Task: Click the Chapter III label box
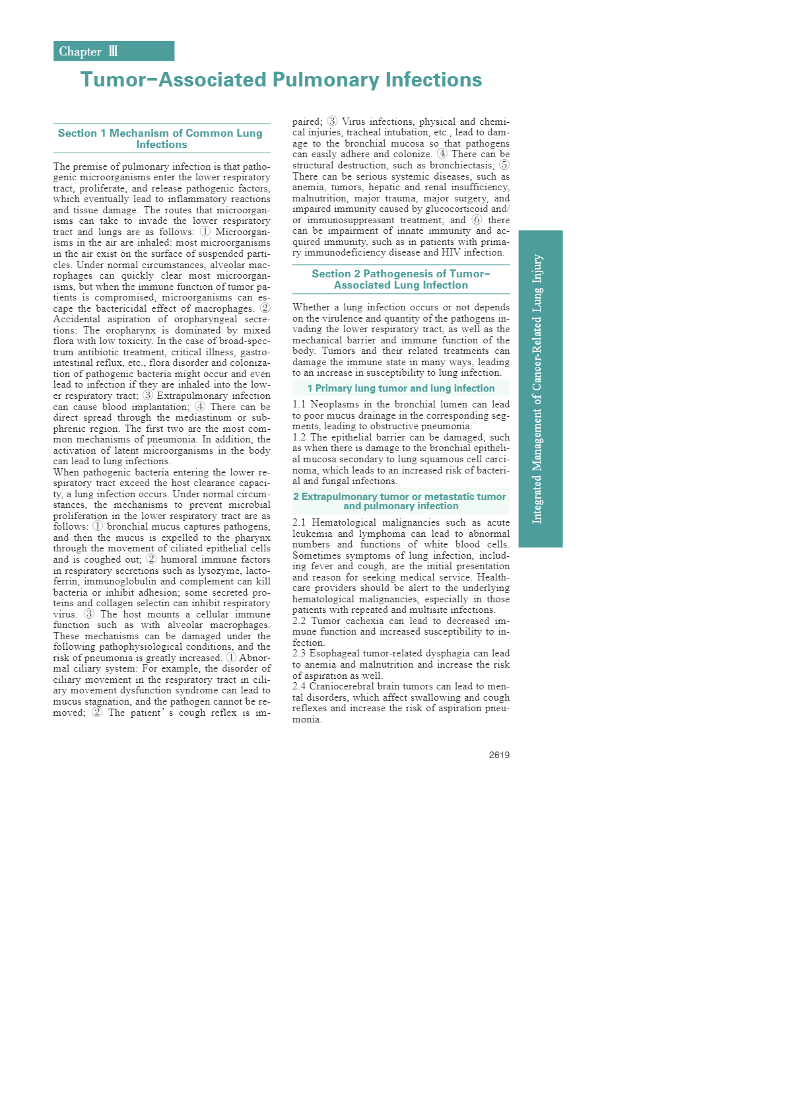pos(114,51)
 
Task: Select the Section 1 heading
pos(161,139)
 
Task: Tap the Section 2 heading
pos(401,279)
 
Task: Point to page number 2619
pos(499,755)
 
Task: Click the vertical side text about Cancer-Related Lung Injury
pos(539,389)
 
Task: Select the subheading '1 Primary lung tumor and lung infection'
pos(401,388)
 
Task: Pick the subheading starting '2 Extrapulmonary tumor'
pos(400,501)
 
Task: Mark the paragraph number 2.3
pos(299,653)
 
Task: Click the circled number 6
pos(477,220)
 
